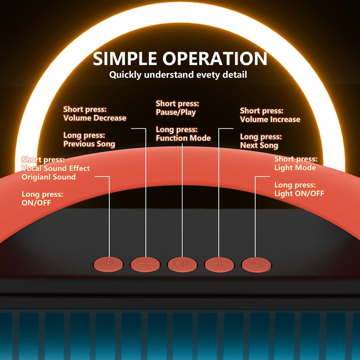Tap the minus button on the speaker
click(145, 264)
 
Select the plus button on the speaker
click(219, 264)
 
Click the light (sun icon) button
click(256, 264)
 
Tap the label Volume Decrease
click(94, 118)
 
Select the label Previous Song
click(89, 144)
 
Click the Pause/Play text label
click(175, 112)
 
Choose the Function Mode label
click(183, 138)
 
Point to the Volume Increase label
click(270, 119)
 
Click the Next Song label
click(259, 145)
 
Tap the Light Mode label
click(295, 167)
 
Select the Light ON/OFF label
click(299, 193)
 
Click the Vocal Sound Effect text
click(56, 168)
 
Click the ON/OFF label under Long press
click(36, 202)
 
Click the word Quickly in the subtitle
click(125, 75)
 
